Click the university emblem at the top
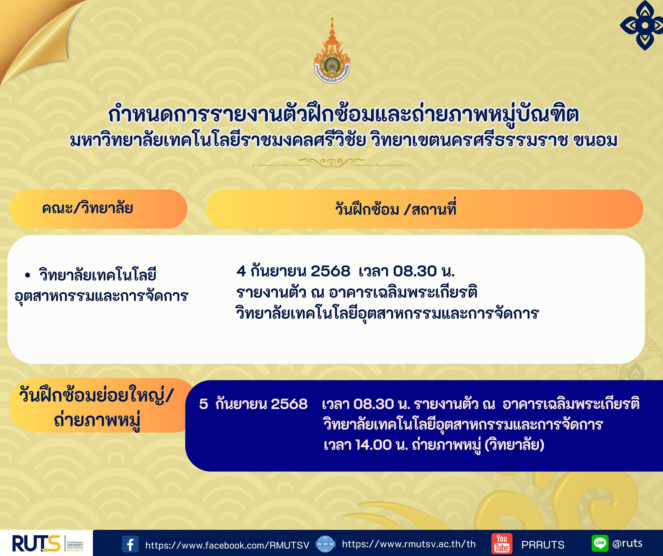332,51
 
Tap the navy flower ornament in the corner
641,25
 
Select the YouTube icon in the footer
502,544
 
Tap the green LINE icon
600,543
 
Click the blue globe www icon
325,544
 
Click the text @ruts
627,543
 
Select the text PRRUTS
543,545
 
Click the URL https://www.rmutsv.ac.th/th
409,544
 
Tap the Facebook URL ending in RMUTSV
227,545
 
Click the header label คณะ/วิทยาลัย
87,208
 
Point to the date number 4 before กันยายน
241,271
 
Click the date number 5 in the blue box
203,404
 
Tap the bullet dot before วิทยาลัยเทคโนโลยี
28,276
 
